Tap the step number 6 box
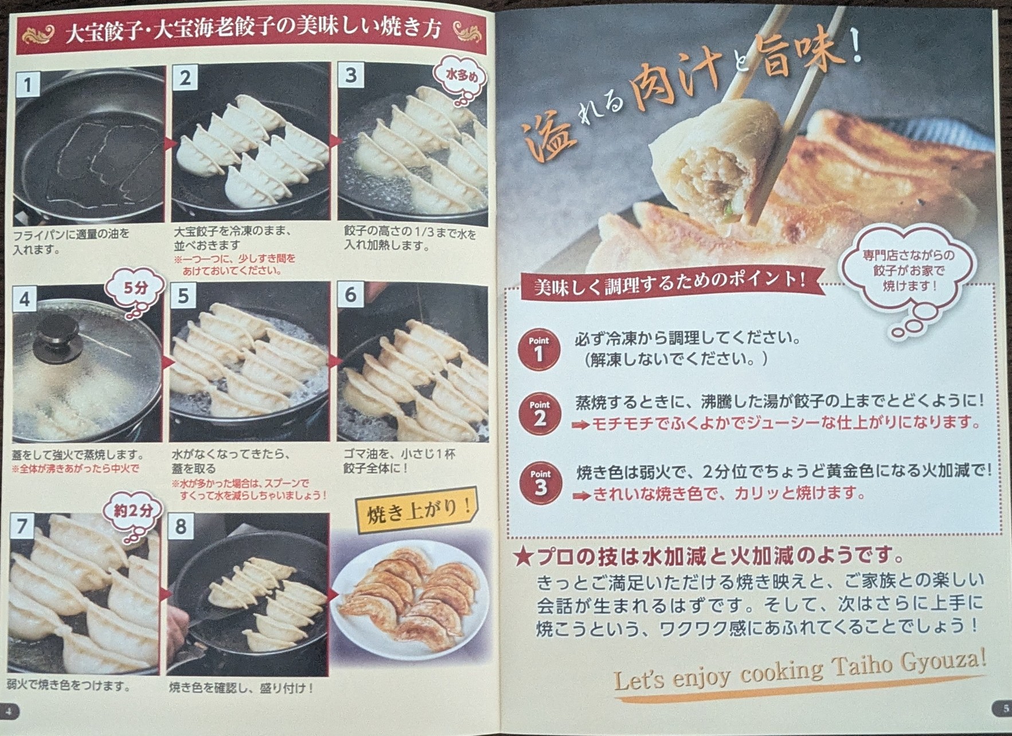click(x=350, y=295)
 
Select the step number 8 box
click(x=181, y=526)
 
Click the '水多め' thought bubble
click(x=462, y=77)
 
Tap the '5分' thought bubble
click(x=135, y=289)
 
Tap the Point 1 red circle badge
click(x=538, y=349)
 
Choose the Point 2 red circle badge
click(x=539, y=414)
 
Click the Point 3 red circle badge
click(x=540, y=483)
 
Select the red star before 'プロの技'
click(x=523, y=556)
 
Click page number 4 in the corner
click(x=9, y=711)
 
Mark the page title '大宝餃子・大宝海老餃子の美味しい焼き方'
click(x=252, y=30)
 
